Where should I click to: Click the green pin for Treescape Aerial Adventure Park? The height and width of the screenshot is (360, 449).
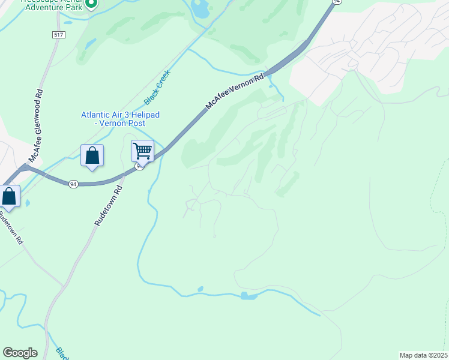coord(91,5)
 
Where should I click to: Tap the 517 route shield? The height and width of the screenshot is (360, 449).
coord(58,35)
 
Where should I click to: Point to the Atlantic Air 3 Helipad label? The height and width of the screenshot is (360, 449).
coord(121,115)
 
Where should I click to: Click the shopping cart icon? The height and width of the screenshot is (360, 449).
coord(142,150)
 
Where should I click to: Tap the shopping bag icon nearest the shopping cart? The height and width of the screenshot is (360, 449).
coord(92,155)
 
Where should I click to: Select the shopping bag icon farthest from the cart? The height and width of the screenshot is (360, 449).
coord(9,196)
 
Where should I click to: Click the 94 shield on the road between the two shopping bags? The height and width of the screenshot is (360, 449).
coord(73,182)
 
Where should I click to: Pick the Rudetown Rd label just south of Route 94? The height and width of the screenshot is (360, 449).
coord(108,205)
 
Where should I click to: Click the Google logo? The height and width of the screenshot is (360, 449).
coord(20,353)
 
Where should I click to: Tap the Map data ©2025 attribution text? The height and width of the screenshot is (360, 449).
coord(423,355)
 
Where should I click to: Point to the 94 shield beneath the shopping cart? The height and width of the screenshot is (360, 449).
coord(139,167)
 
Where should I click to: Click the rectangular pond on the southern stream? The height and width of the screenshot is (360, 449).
coord(248,296)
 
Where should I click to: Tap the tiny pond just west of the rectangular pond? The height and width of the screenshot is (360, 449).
coord(200,289)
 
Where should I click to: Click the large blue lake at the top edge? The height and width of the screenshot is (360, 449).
coord(199,8)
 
